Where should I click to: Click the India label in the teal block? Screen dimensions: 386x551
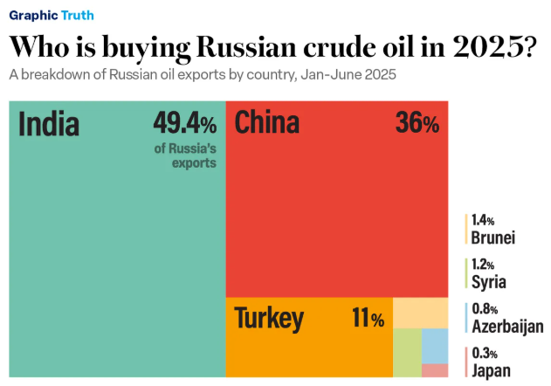(49, 125)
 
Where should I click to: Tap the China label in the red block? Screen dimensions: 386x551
(266, 123)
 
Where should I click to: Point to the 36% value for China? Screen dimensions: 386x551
(417, 123)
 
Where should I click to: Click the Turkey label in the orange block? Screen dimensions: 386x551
(269, 319)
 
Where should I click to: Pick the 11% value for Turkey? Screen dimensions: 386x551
(367, 320)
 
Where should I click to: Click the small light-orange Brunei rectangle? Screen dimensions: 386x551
(420, 313)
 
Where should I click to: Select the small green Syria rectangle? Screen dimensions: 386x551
(407, 352)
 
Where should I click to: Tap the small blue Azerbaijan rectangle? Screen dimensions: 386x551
(434, 346)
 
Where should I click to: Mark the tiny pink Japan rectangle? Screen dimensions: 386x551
(434, 370)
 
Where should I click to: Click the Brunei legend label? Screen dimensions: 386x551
(493, 238)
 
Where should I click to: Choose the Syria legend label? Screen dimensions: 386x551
(488, 282)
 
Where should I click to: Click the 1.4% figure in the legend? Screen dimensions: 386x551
(483, 221)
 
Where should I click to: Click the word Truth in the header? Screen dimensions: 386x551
(78, 15)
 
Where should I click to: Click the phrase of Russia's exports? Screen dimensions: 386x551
(185, 155)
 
